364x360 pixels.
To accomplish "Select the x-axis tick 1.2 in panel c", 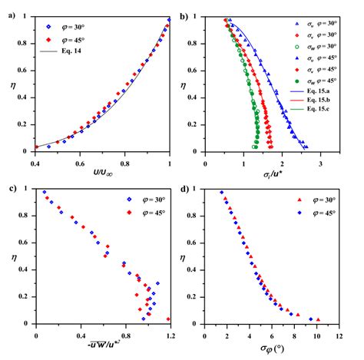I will coord(170,334).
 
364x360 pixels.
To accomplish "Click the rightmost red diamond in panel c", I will coord(168,319).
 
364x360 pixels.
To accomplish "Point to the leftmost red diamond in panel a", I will coord(36,147).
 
